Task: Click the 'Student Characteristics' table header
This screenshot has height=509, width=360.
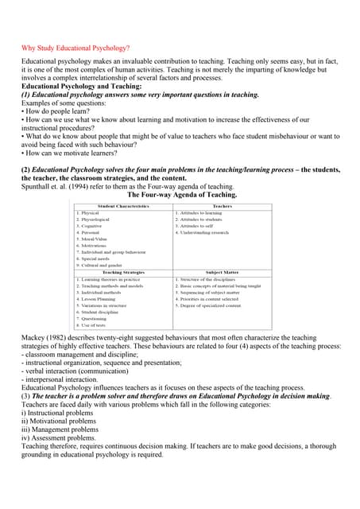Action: click(x=123, y=206)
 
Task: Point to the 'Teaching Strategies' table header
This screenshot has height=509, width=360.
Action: click(x=123, y=273)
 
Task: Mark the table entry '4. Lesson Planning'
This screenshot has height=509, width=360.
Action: click(x=97, y=299)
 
